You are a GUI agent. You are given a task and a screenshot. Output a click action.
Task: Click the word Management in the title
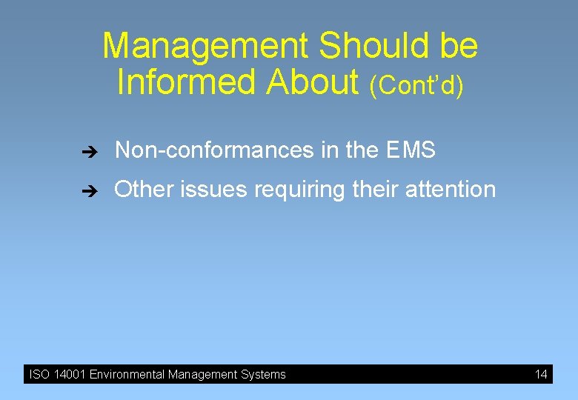[205, 46]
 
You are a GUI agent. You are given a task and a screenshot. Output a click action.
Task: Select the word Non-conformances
[214, 151]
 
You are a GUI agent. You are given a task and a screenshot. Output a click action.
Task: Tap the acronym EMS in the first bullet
[411, 151]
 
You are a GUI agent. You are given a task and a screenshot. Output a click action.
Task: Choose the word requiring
[300, 190]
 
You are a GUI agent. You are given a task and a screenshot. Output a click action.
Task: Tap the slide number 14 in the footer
[541, 374]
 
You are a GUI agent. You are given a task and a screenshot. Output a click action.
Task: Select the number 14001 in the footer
[69, 375]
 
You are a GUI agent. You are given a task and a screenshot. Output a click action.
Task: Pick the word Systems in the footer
[264, 375]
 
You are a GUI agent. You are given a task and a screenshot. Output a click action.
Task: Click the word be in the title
[459, 46]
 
